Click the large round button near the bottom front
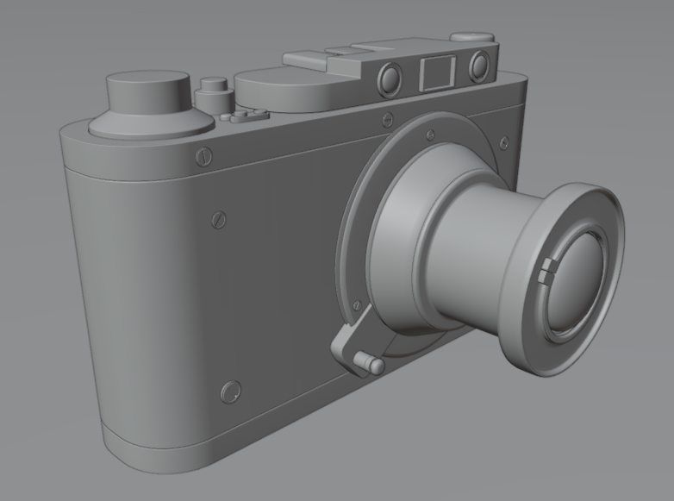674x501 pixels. (230, 392)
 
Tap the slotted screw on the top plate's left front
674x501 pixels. (203, 156)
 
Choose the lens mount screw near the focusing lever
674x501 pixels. (354, 303)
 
